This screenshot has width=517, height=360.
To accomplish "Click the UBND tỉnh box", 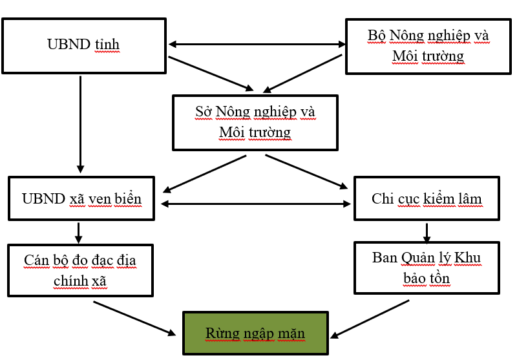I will point(83,46).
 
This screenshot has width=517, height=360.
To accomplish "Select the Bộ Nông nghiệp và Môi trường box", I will point(428,46).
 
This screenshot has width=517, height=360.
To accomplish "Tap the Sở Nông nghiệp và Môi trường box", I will point(255,123).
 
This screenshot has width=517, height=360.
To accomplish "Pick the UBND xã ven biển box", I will point(81,198).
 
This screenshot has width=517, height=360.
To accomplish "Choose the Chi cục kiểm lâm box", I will point(427,199).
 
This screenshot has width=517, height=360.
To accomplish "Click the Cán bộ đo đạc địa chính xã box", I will point(80,270).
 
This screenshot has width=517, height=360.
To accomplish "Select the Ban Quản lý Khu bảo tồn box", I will point(427,268).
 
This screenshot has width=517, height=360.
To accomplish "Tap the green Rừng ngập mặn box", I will point(255,334).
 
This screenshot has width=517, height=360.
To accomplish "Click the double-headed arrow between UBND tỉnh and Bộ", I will point(257,45).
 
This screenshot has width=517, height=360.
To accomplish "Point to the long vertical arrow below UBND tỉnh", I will point(81,123).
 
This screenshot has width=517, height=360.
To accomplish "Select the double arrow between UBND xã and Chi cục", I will point(256,204).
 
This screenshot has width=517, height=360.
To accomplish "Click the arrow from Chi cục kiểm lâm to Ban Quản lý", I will point(427,231).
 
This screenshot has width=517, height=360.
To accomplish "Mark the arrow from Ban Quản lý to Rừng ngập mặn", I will point(371,319).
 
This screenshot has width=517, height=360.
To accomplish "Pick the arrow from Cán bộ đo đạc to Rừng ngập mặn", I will point(134,318).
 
